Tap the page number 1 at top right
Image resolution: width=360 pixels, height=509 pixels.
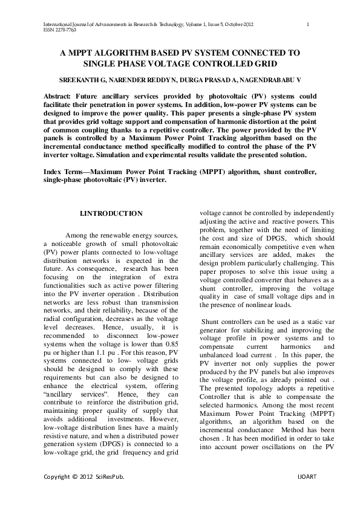coord(309,24)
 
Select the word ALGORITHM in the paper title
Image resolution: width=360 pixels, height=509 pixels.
coord(116,53)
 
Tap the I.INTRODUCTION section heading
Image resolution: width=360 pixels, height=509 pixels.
coord(111,213)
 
